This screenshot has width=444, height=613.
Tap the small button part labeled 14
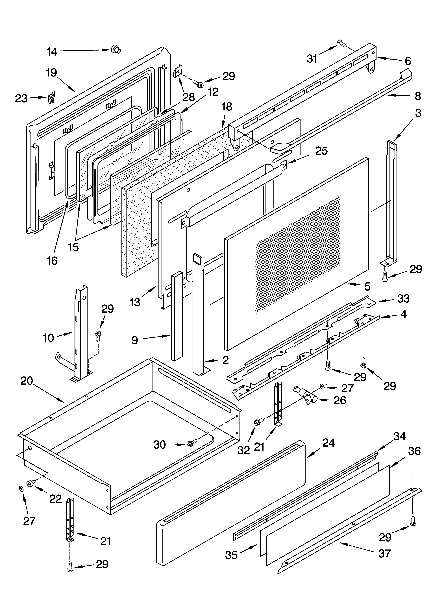(116, 49)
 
